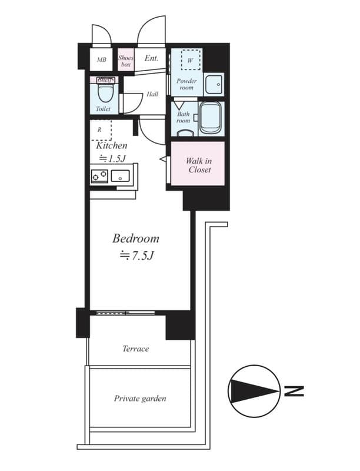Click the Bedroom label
(136, 238)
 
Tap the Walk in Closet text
(199, 165)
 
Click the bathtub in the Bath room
(211, 117)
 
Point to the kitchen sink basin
(120, 175)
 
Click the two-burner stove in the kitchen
(99, 175)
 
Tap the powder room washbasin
(214, 84)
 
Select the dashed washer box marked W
(191, 59)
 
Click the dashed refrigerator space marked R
(101, 130)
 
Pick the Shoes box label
(126, 61)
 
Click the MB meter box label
(101, 60)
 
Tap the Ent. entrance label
(151, 58)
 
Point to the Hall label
(152, 94)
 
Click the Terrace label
(136, 349)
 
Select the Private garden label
(140, 399)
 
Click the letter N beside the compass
(294, 391)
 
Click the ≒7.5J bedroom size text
(136, 256)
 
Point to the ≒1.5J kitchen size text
(112, 158)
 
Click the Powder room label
(186, 84)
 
